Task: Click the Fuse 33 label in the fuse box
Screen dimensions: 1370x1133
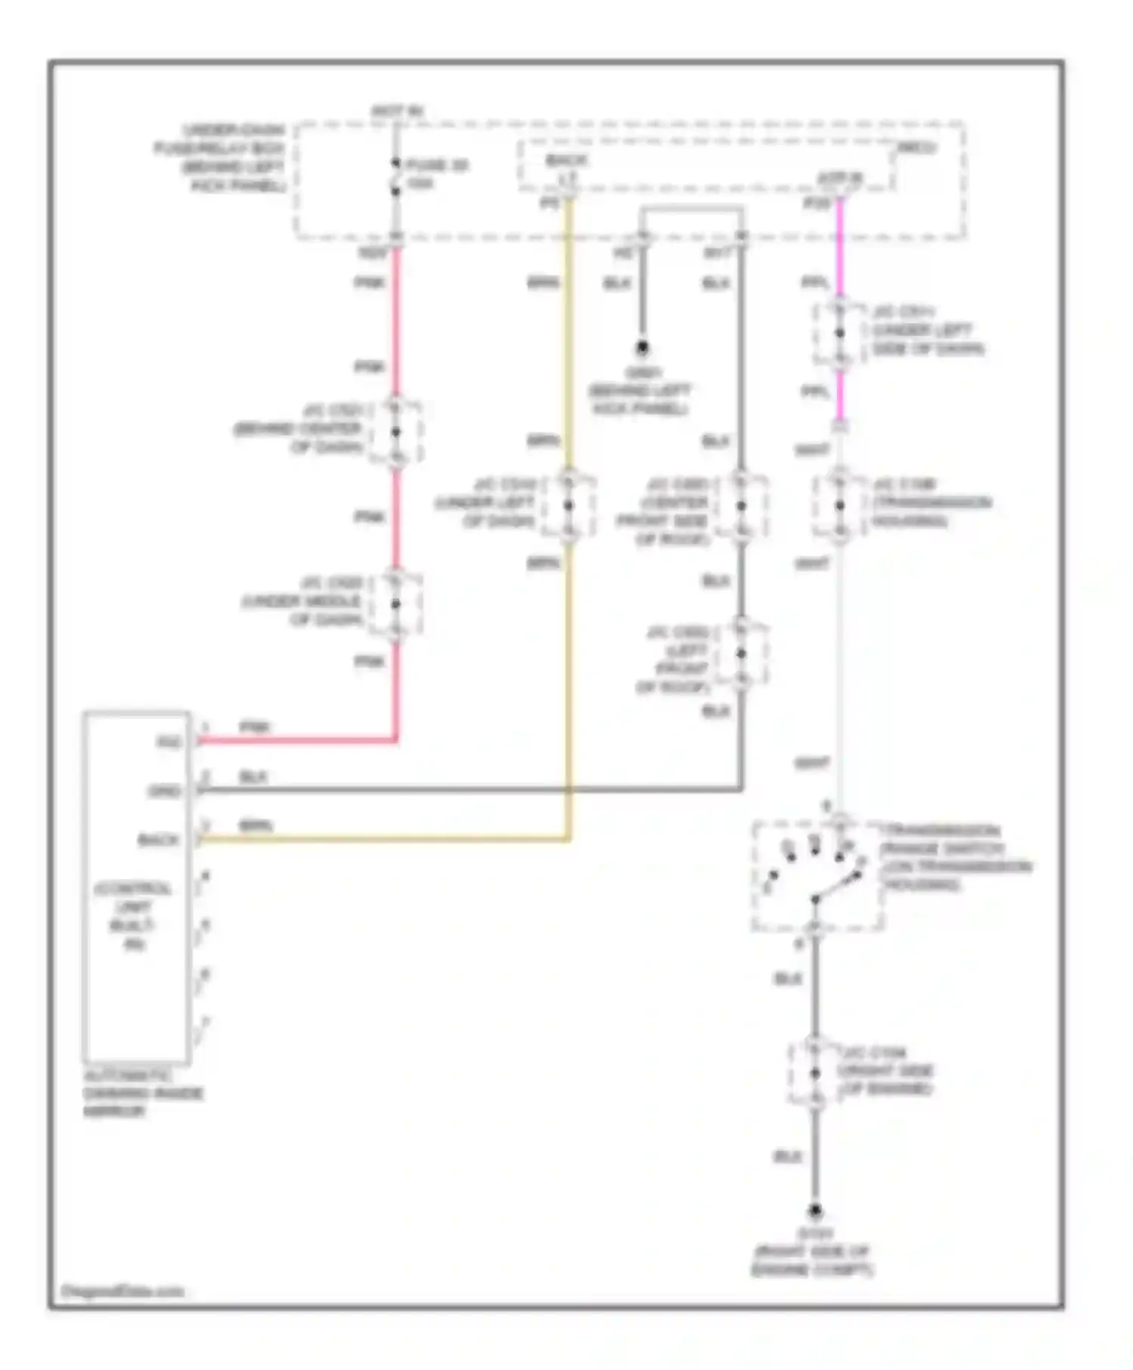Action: coord(437,165)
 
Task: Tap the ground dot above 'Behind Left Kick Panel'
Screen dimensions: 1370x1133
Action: coord(642,348)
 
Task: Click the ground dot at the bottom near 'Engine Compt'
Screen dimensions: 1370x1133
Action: coord(815,1211)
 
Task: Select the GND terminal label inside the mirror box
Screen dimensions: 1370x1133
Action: coord(164,791)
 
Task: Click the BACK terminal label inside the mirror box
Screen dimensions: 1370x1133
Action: coord(159,840)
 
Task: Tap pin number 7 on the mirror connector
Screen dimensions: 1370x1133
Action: coord(205,1023)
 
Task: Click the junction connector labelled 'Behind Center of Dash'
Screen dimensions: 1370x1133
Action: coord(396,431)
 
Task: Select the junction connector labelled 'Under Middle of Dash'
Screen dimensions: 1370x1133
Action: coord(395,603)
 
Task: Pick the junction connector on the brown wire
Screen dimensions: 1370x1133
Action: coord(569,505)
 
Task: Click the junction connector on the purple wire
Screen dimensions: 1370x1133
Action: coord(839,333)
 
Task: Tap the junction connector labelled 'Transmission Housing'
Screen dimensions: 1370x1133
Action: coord(839,505)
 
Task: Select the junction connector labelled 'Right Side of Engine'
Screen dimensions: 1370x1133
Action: coord(815,1072)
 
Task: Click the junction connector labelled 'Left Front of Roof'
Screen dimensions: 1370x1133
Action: coord(741,653)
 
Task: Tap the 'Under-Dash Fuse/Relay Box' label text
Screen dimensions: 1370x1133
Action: coord(221,157)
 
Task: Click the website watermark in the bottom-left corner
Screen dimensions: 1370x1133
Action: coord(122,1291)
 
